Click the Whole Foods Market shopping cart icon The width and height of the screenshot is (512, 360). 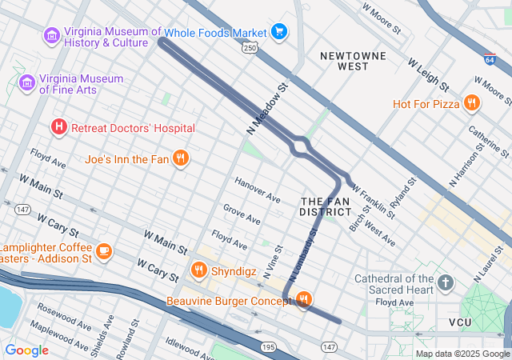click(278, 32)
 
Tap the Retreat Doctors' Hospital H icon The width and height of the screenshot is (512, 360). click(58, 127)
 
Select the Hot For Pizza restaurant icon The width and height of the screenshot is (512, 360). click(472, 103)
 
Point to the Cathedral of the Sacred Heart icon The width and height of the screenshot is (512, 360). click(445, 283)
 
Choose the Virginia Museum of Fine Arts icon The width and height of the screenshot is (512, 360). click(26, 83)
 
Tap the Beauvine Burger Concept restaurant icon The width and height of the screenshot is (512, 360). click(303, 300)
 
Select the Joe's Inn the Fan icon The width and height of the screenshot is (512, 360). click(182, 158)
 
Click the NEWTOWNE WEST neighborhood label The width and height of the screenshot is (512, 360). click(353, 62)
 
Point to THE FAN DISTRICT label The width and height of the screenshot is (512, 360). click(325, 206)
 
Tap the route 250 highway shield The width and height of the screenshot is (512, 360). click(250, 48)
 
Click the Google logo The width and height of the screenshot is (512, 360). click(26, 350)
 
